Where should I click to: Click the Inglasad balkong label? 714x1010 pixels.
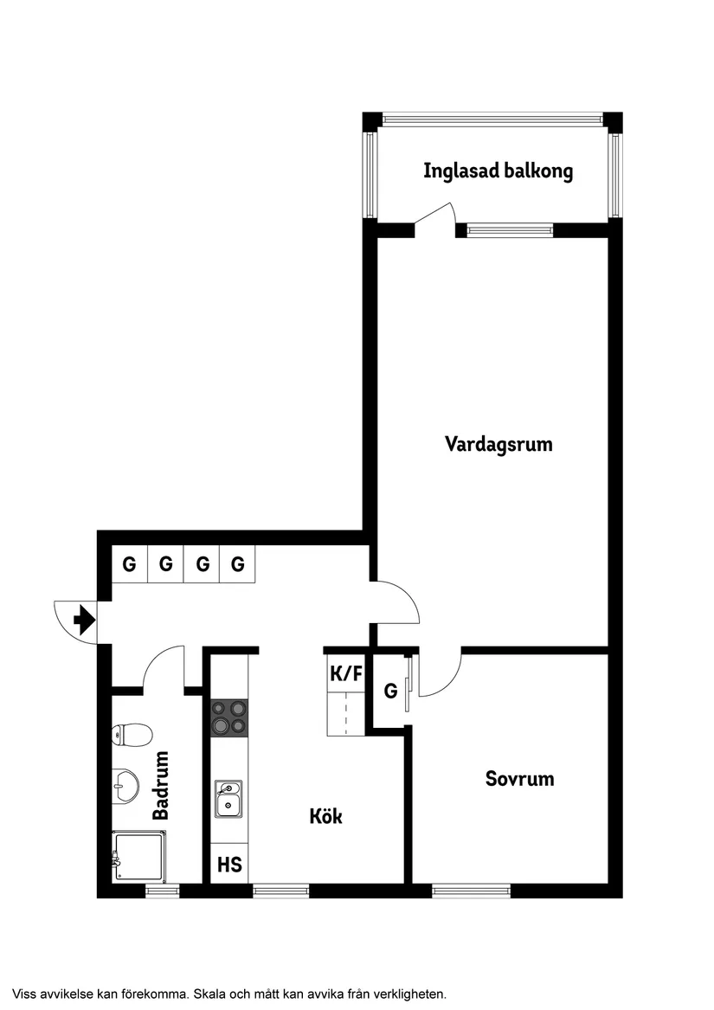tap(498, 171)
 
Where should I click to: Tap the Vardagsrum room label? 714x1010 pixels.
tap(499, 445)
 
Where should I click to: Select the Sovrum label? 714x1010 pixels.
tap(519, 779)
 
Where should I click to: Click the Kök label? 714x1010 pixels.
tap(325, 816)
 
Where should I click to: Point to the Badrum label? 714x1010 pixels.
tap(161, 786)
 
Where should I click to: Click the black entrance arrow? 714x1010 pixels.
tap(84, 621)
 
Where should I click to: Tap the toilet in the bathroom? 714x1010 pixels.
tap(131, 736)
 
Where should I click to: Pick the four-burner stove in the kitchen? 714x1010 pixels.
tap(229, 717)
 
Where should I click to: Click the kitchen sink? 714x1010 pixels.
tap(228, 798)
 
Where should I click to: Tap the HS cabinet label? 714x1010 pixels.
tap(229, 865)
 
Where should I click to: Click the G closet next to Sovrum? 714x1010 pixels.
tap(390, 692)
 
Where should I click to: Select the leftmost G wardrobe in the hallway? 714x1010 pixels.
tap(130, 565)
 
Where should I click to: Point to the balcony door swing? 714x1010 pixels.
tap(436, 218)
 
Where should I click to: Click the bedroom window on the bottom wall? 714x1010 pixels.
tap(471, 890)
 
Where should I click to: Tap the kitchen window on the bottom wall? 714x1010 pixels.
tap(280, 890)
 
